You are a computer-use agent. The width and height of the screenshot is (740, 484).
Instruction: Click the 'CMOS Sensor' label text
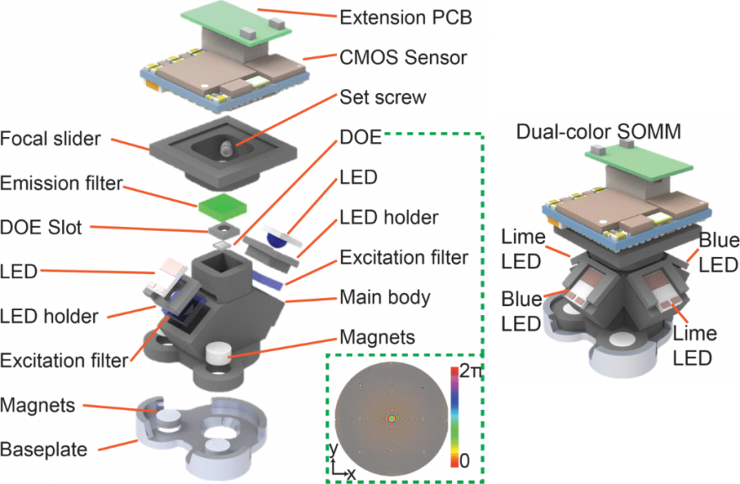[391, 58]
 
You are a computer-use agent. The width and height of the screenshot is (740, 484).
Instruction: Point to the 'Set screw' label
[380, 97]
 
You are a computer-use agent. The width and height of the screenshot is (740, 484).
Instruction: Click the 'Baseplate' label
[45, 450]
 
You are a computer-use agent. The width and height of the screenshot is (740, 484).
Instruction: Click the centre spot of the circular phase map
[391, 417]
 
